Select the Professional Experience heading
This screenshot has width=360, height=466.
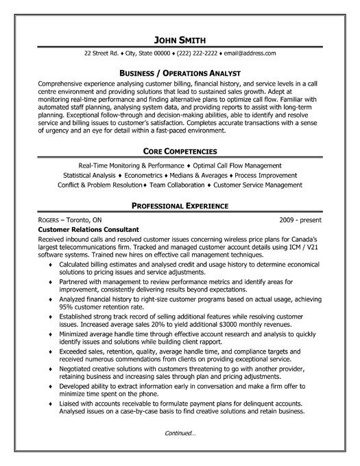tap(180, 205)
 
